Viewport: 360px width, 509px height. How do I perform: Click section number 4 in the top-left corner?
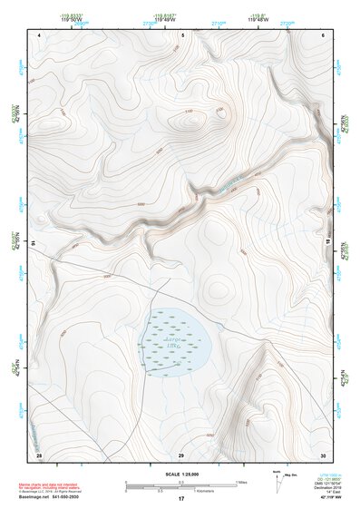pos(40,34)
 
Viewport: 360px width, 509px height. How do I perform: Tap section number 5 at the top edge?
pos(182,34)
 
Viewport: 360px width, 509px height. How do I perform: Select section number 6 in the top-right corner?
pos(324,34)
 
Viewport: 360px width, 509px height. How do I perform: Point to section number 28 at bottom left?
pos(39,453)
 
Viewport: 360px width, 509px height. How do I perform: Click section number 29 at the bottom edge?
pos(181,454)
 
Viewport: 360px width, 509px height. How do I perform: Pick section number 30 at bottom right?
pos(323,453)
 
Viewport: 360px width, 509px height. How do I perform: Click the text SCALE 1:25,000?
pos(181,474)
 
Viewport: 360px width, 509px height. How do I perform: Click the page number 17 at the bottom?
pos(181,499)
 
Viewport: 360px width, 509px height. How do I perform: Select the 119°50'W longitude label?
pos(72,18)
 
